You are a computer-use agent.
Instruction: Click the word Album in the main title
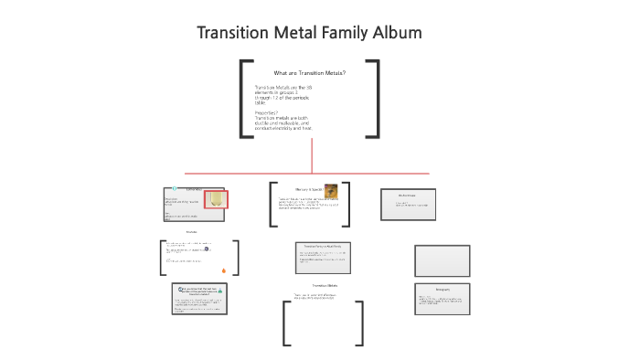point(394,33)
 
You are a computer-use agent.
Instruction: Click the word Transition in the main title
point(233,33)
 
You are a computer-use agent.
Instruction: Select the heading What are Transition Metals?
point(309,73)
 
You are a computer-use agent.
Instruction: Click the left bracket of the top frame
point(243,99)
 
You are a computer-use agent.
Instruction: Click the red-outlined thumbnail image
point(216,199)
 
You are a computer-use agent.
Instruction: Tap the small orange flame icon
point(224,270)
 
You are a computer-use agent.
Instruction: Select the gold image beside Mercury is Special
point(331,191)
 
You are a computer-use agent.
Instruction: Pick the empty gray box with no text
point(443,260)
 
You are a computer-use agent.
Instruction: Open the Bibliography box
point(443,300)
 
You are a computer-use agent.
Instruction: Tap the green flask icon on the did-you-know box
point(220,290)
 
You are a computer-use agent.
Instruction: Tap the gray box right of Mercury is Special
point(408,204)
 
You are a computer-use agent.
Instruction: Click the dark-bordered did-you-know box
point(199,300)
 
